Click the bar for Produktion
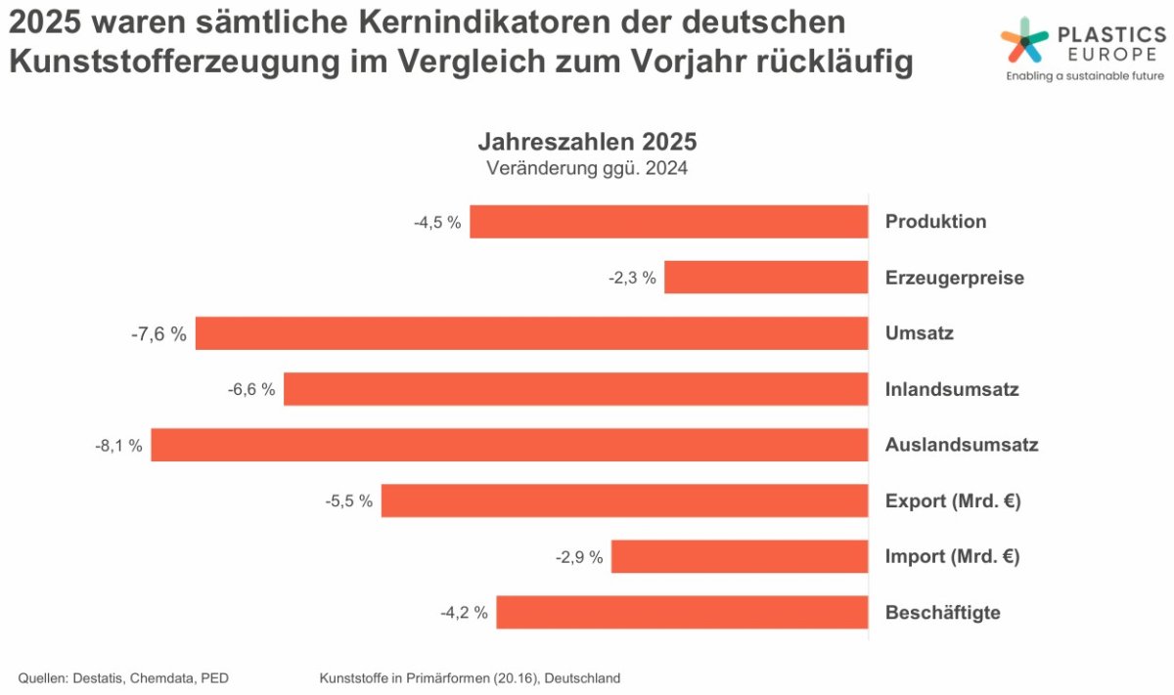point(669,222)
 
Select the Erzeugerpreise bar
point(766,278)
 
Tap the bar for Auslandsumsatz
point(510,445)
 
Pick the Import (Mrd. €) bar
point(740,557)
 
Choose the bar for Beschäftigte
point(682,613)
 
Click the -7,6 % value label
point(158,334)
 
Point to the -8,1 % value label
point(118,446)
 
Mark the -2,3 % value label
point(632,279)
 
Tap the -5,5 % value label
point(349,501)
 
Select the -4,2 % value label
point(464,614)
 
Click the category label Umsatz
point(920,333)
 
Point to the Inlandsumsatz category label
point(952,389)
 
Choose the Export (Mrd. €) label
point(953,501)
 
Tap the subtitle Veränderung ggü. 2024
point(587,167)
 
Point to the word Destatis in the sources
point(101,677)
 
